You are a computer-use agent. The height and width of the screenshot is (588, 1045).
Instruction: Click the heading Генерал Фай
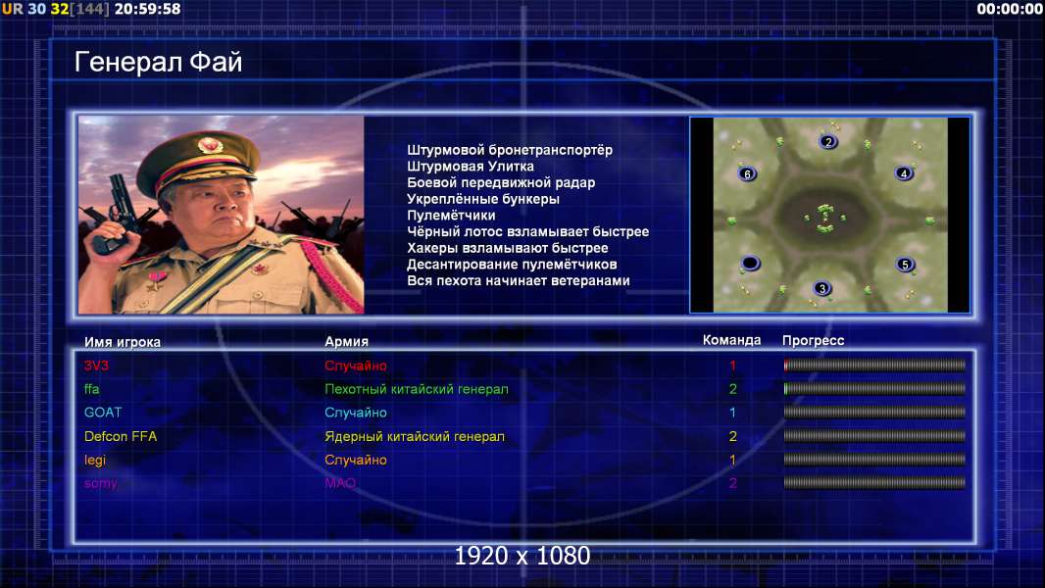click(158, 62)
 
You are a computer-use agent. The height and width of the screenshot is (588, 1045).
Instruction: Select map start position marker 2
click(827, 142)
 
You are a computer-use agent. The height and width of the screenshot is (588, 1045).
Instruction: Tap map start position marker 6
click(747, 173)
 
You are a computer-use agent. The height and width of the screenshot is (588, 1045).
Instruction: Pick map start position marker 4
click(904, 173)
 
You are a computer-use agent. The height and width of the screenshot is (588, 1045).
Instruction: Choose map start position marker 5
click(905, 265)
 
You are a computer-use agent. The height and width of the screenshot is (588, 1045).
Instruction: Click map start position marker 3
click(822, 288)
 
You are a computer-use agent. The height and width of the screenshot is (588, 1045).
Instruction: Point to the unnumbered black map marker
click(750, 263)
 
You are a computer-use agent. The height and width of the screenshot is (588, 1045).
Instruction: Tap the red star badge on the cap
click(209, 144)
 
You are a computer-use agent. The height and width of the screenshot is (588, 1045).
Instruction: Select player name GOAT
click(103, 413)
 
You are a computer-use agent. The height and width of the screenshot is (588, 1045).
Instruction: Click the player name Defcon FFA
click(121, 436)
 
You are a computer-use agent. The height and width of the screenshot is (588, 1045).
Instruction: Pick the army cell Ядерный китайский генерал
click(415, 436)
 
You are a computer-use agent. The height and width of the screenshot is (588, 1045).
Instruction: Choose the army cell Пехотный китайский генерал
click(417, 389)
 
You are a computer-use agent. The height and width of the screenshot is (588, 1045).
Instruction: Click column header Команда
click(731, 340)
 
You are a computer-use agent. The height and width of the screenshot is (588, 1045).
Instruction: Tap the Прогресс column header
click(813, 341)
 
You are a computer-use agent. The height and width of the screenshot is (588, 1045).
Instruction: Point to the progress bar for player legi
click(874, 460)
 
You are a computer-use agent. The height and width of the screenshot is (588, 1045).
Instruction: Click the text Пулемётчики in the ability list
click(451, 215)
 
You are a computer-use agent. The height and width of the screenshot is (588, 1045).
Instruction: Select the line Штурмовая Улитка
click(471, 166)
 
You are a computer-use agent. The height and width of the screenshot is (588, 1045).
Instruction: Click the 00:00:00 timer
click(1010, 9)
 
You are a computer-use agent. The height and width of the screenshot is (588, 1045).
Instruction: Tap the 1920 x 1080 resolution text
click(522, 556)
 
